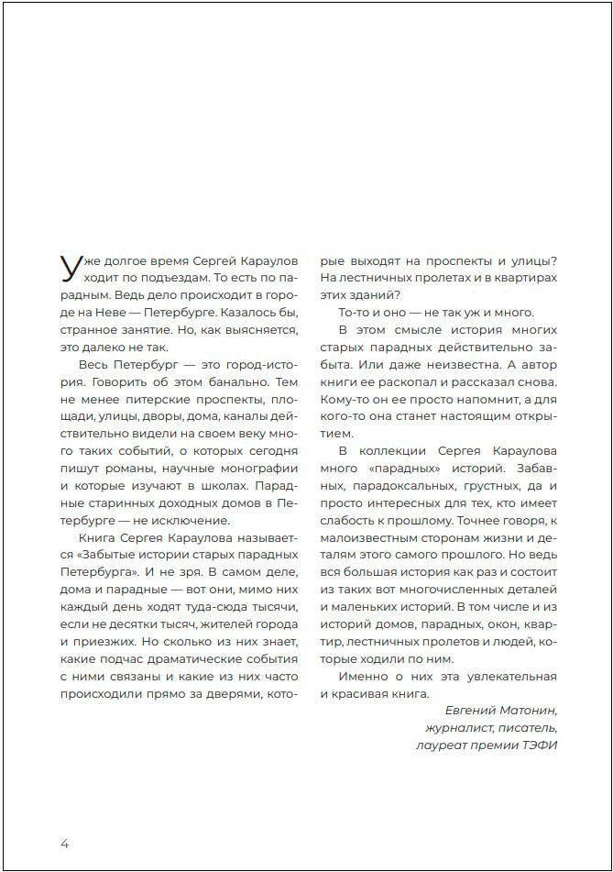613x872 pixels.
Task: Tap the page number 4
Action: pos(64,843)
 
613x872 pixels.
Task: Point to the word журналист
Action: pos(455,727)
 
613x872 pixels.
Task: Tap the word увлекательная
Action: pos(509,677)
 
